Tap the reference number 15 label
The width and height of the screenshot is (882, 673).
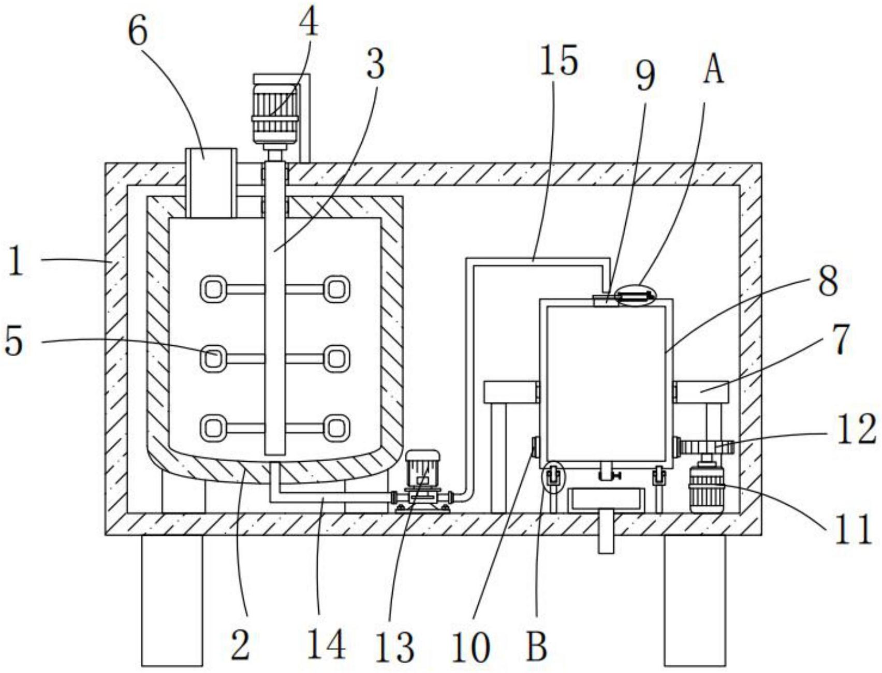[558, 61]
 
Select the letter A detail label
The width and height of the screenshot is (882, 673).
[714, 70]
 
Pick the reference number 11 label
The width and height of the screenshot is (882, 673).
[853, 530]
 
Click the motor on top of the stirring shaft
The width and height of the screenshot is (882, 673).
[274, 109]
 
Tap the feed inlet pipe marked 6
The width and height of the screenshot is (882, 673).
[211, 182]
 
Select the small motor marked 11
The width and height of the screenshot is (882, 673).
[705, 489]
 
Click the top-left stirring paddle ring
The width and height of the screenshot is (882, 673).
[212, 289]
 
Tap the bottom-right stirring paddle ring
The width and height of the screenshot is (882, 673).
[336, 428]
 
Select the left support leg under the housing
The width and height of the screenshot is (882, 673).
[172, 601]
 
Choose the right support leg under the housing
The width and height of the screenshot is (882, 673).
[695, 601]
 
